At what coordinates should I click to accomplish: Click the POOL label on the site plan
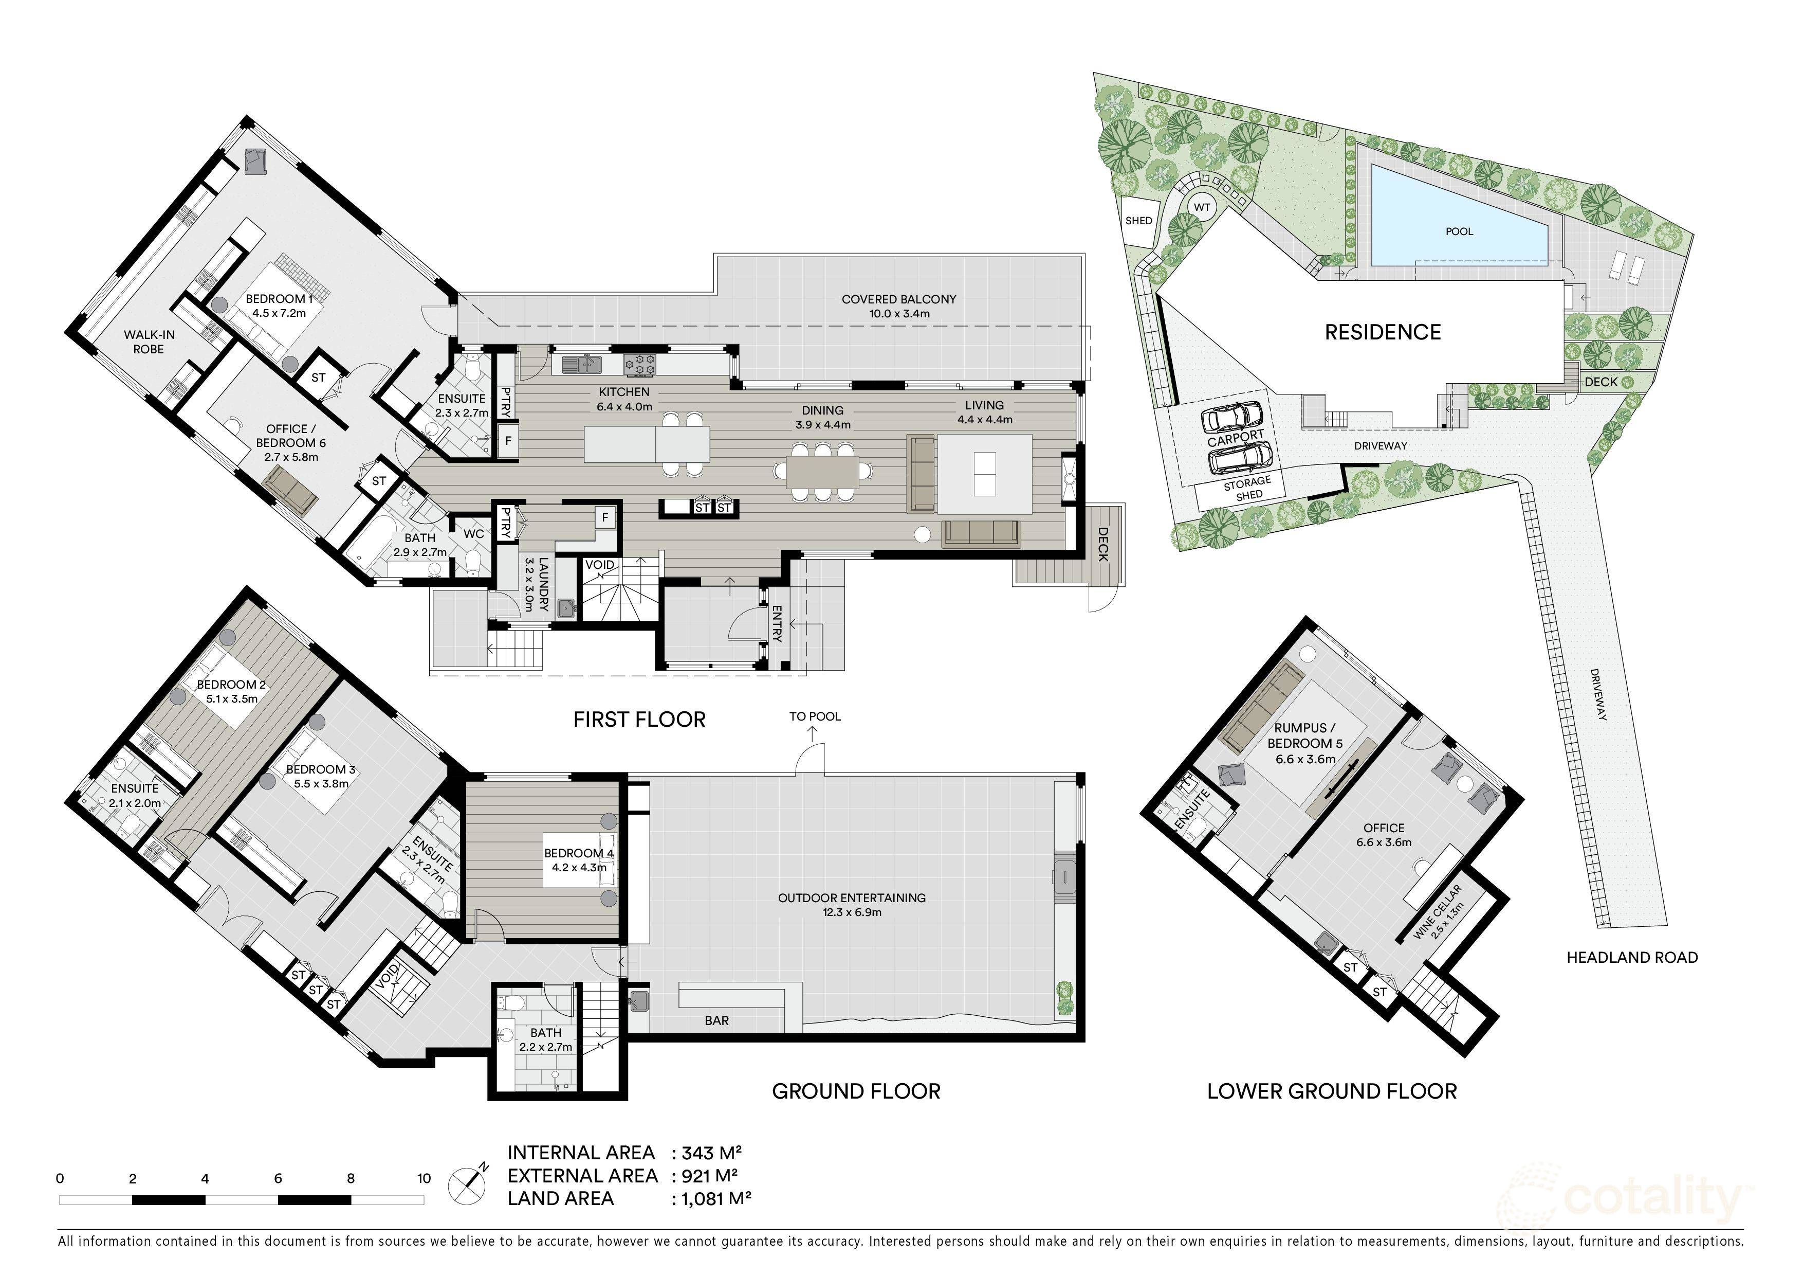[1459, 232]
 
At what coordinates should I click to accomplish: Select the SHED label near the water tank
[1138, 221]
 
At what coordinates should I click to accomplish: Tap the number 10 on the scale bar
[424, 1178]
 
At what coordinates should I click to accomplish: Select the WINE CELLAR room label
[1440, 912]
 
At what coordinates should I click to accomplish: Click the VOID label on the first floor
[600, 565]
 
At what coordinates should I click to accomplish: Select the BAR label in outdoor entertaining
[716, 1020]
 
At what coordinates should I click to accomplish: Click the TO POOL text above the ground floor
[814, 716]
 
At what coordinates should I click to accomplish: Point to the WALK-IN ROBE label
[149, 342]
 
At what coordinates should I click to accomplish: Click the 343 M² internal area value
[711, 1153]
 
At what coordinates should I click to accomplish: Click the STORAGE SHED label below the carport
[1248, 489]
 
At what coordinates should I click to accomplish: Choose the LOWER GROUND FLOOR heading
[1332, 1091]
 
